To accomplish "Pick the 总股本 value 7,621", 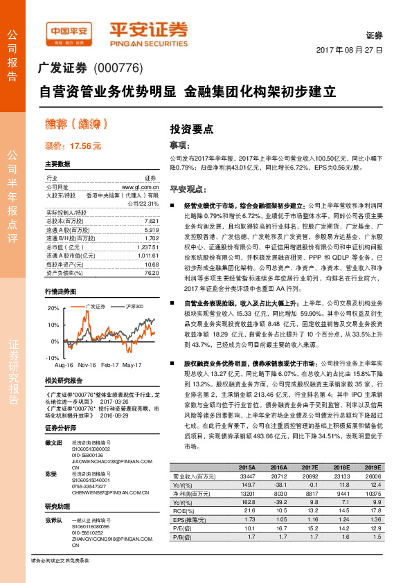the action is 152,220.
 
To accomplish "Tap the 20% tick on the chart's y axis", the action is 53,307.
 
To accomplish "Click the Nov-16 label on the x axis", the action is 87,364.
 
